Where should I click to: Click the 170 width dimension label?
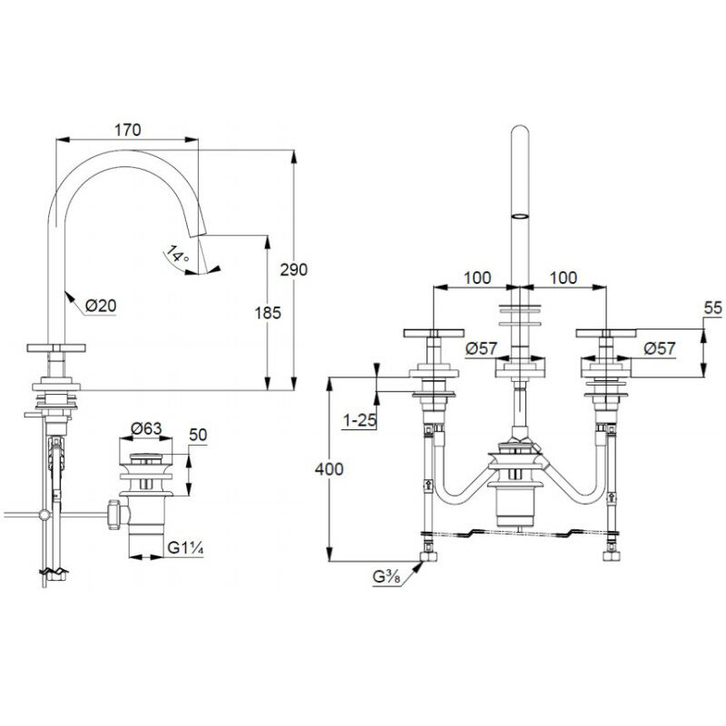coord(127,130)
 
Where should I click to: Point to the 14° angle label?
coord(179,257)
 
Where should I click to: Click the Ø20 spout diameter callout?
coord(102,306)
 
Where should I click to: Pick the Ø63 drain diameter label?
coord(146,428)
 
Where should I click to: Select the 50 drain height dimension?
coord(199,436)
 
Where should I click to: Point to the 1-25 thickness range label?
coord(358,420)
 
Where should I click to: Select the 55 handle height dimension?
coord(712,309)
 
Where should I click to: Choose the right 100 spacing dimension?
coord(563,279)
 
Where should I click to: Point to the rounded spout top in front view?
coord(520,132)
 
